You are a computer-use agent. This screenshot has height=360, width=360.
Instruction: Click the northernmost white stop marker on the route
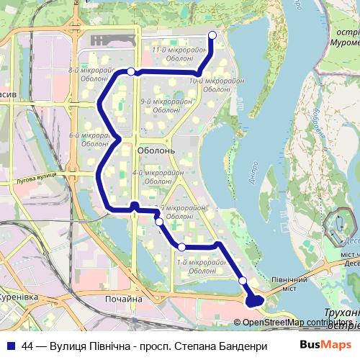[x=212, y=35]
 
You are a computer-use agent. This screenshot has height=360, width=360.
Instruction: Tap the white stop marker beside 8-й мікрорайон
[x=131, y=71]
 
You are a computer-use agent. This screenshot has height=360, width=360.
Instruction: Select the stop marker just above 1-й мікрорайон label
[x=181, y=247]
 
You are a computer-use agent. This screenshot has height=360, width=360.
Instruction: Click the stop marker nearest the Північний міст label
[x=243, y=280]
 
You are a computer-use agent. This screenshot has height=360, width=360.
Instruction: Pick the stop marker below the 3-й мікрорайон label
[x=159, y=222]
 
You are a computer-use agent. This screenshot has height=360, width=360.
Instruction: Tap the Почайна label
[x=123, y=299]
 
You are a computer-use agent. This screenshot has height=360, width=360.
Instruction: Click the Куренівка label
[x=19, y=296]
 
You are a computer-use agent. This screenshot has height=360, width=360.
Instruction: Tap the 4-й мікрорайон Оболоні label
[x=153, y=177]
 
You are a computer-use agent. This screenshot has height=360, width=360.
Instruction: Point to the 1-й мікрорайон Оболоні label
[x=197, y=266]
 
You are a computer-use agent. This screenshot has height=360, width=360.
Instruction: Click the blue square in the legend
[x=9, y=345]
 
